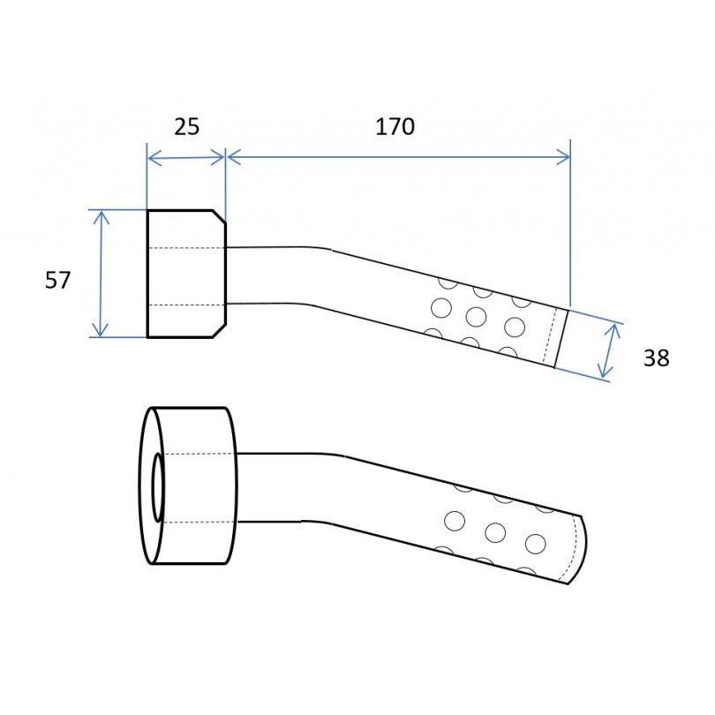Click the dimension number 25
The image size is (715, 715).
[186, 127]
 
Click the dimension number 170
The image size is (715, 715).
[395, 127]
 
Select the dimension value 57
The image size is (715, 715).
[58, 280]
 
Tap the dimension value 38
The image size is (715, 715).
[656, 358]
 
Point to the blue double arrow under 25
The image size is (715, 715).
[186, 158]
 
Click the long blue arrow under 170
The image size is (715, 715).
[398, 157]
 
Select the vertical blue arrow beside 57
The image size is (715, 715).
[101, 274]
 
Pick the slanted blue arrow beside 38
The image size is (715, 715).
[610, 350]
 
